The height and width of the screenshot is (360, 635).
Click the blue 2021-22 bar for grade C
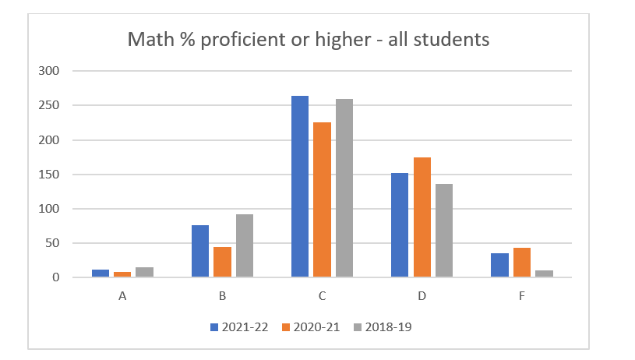pyautogui.click(x=300, y=187)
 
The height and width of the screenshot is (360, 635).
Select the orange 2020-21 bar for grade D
pyautogui.click(x=422, y=217)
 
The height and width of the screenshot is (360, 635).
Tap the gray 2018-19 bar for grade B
pyautogui.click(x=244, y=246)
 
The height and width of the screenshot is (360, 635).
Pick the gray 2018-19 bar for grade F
pyautogui.click(x=543, y=274)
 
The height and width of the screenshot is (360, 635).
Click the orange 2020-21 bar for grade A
pyautogui.click(x=123, y=274)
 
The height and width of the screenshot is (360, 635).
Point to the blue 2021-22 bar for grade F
pyautogui.click(x=499, y=265)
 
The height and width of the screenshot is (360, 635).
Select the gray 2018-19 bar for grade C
pyautogui.click(x=344, y=189)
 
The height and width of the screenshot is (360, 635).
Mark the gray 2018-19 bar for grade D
pyautogui.click(x=443, y=231)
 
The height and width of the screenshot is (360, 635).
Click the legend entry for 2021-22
pyautogui.click(x=238, y=327)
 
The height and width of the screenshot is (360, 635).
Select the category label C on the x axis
pyautogui.click(x=322, y=296)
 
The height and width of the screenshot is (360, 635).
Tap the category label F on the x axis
pyautogui.click(x=521, y=296)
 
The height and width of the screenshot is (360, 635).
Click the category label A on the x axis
pyautogui.click(x=122, y=296)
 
